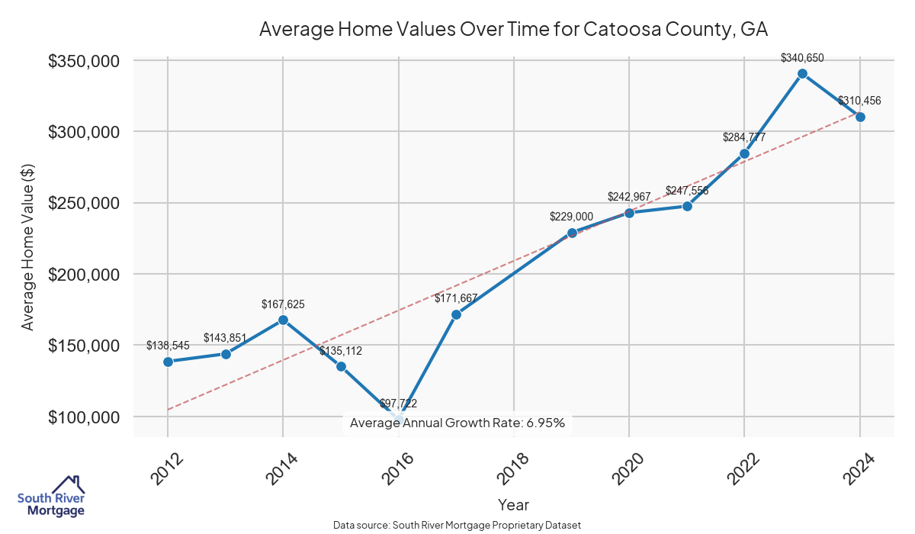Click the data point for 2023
pyautogui.click(x=802, y=74)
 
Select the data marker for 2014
pyautogui.click(x=283, y=320)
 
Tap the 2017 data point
pyautogui.click(x=456, y=314)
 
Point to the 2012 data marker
pyautogui.click(x=168, y=362)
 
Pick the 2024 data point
pyautogui.click(x=860, y=117)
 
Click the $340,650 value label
pyautogui.click(x=802, y=58)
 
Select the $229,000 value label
pyautogui.click(x=571, y=217)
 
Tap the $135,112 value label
pyautogui.click(x=341, y=351)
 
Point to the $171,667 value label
pyautogui.click(x=456, y=298)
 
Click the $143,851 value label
pyautogui.click(x=226, y=338)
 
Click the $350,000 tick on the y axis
pyautogui.click(x=87, y=61)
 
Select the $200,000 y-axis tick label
pyautogui.click(x=87, y=275)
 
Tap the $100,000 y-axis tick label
pyautogui.click(x=87, y=417)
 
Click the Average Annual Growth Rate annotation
pyautogui.click(x=457, y=423)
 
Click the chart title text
pyautogui.click(x=512, y=30)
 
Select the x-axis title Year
pyautogui.click(x=513, y=505)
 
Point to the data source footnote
pyautogui.click(x=457, y=526)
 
